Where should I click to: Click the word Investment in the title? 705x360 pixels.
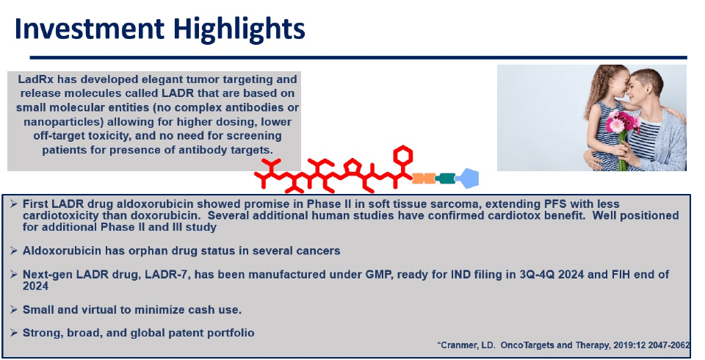coord(90,29)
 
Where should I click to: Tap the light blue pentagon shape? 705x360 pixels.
coord(469,179)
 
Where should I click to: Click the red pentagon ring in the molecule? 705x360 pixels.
coord(352,168)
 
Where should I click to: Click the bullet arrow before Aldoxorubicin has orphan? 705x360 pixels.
coord(15,251)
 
